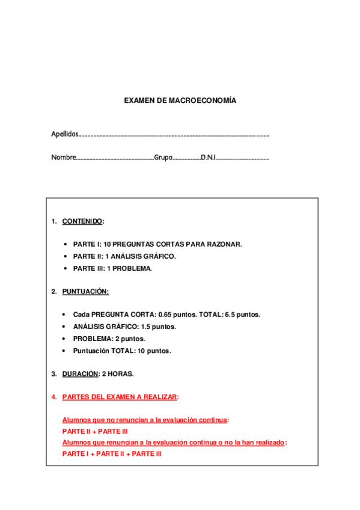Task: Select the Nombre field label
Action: pos(63,158)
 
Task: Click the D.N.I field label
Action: pos(208,158)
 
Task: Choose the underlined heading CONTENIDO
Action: pos(82,221)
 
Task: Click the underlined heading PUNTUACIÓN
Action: pos(85,292)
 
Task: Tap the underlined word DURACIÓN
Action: pos(80,373)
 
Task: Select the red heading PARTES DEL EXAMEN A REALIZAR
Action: pos(120,397)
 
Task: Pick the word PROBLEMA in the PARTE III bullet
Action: pos(133,268)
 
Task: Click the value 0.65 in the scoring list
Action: pos(165,315)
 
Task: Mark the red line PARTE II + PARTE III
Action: pos(95,431)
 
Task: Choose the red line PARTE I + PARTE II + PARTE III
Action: pos(112,454)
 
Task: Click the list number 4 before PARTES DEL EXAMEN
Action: pos(53,397)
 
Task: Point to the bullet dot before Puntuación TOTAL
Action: pos(64,351)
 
